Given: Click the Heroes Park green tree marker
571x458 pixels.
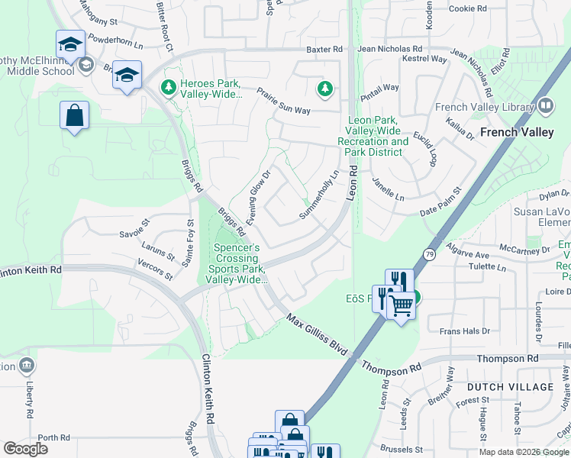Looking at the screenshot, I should click(x=168, y=89).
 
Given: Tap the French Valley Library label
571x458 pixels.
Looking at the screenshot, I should click(x=484, y=107).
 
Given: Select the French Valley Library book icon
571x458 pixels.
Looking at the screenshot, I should click(x=546, y=106).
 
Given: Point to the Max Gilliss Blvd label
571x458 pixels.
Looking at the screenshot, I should click(x=317, y=335).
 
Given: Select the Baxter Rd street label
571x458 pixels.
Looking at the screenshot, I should click(x=324, y=50).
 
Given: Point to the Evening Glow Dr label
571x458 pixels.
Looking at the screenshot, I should click(x=259, y=192).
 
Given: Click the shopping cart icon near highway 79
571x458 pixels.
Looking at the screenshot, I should click(x=402, y=305).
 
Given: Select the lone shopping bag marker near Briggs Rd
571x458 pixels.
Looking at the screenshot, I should click(x=75, y=117).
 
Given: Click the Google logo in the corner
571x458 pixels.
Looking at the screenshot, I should click(x=26, y=449).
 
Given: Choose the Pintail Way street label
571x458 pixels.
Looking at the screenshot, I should click(x=379, y=88).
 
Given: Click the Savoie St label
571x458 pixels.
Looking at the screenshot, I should click(x=135, y=233).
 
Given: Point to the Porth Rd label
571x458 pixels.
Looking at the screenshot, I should click(x=53, y=437).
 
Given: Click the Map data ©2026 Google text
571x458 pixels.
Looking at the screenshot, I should click(x=523, y=452).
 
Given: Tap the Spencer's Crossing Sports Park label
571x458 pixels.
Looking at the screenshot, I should click(x=236, y=263).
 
